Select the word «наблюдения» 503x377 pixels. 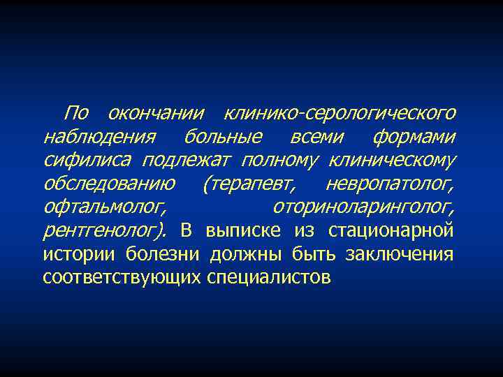[x=89, y=135]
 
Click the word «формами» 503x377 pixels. [x=414, y=135]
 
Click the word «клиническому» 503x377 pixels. [x=393, y=160]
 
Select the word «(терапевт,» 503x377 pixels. [x=248, y=184]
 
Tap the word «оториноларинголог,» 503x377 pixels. [x=364, y=207]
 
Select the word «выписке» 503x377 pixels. [x=243, y=230]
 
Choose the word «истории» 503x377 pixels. [x=80, y=254]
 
